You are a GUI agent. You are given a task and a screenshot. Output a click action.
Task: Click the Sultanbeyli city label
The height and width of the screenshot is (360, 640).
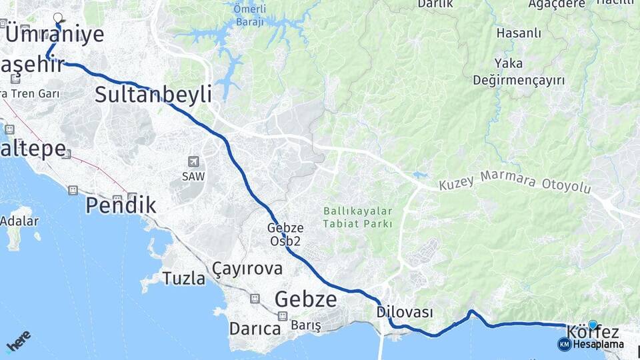(153, 94)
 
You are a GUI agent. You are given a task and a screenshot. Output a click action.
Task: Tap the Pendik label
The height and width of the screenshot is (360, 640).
(121, 205)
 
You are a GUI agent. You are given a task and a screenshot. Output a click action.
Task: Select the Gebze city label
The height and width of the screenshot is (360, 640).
(305, 299)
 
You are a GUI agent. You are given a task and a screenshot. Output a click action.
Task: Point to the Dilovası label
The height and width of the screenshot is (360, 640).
(405, 312)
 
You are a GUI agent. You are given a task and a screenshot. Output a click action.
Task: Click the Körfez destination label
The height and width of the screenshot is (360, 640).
(593, 332)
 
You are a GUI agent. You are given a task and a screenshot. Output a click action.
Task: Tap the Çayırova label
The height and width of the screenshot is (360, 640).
(247, 269)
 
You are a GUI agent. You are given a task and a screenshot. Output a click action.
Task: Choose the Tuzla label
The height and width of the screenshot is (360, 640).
(184, 279)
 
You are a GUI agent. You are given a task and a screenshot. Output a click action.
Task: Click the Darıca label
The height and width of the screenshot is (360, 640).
(255, 328)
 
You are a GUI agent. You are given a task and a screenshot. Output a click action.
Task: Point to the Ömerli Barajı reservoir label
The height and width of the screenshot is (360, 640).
(250, 15)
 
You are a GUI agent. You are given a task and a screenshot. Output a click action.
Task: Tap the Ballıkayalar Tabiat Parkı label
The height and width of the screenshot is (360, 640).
(358, 217)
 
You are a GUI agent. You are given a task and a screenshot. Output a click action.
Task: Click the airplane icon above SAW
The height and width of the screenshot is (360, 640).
(193, 161)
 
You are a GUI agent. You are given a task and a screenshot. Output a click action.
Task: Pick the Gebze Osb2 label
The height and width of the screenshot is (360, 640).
(286, 234)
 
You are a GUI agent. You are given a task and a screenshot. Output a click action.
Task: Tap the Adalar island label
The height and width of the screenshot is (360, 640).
(19, 221)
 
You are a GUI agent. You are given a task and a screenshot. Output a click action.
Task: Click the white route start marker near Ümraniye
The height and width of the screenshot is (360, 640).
(57, 17)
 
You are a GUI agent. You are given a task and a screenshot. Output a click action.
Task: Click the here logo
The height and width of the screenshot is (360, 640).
(18, 340)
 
